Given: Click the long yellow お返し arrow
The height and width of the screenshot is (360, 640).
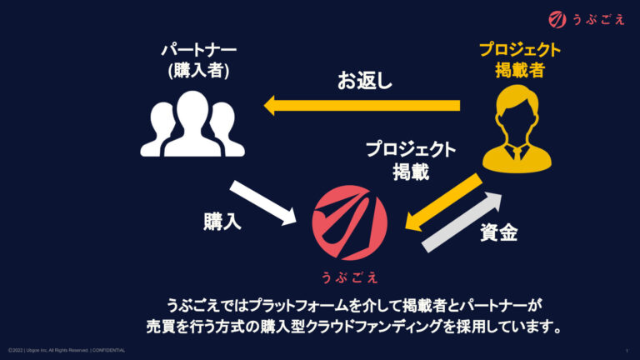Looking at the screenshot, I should [x=362, y=105].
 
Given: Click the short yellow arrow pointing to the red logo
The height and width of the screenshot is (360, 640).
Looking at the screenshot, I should [x=442, y=201].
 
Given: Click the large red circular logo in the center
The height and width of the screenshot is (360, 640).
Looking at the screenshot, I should [x=350, y=222].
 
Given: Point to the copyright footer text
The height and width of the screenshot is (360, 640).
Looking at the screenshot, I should [x=67, y=350].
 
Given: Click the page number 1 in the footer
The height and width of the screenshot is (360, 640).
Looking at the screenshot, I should [x=626, y=350].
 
